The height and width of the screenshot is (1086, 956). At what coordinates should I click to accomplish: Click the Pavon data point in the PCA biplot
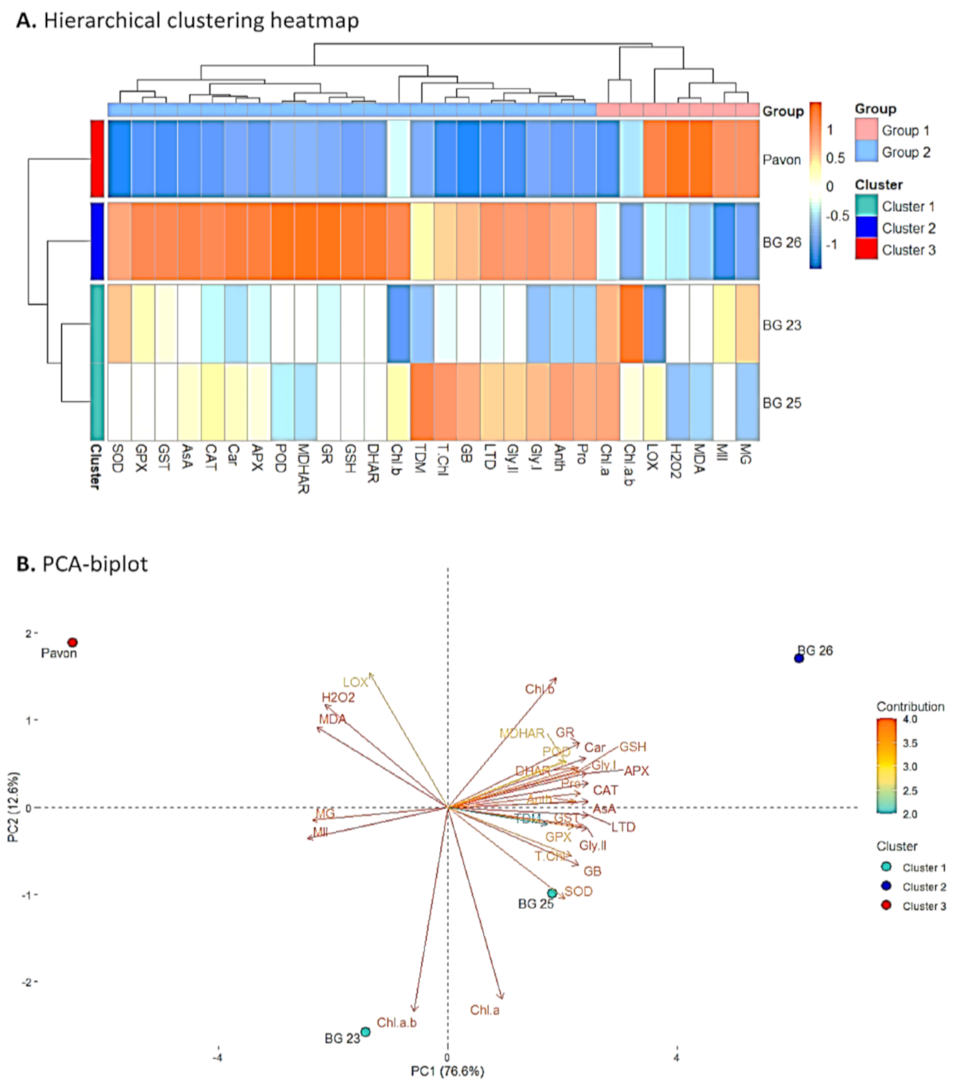(72, 643)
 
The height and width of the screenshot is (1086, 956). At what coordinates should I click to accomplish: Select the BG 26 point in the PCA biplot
(798, 658)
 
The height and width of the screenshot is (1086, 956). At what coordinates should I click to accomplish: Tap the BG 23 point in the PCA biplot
(365, 1032)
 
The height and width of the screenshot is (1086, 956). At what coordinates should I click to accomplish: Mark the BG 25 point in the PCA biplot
(552, 893)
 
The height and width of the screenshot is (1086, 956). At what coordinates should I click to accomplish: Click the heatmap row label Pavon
(782, 159)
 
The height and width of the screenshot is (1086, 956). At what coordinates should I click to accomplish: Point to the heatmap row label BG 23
(782, 325)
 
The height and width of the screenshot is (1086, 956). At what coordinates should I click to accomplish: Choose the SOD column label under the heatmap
(118, 458)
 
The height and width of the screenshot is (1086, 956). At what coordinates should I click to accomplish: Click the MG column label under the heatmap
(746, 454)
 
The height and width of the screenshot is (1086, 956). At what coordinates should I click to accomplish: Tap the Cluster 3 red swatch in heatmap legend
(866, 249)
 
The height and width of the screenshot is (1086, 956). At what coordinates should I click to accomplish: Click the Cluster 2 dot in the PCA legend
(886, 886)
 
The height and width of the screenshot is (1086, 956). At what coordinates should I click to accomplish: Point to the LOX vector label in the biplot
(355, 682)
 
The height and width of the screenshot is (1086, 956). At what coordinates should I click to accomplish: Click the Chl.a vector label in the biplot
(485, 1010)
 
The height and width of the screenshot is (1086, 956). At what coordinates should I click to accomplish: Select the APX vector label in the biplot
(637, 771)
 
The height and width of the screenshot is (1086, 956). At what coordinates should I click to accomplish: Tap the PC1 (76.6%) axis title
(447, 1071)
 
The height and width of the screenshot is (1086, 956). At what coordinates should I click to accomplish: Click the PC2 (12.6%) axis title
(14, 807)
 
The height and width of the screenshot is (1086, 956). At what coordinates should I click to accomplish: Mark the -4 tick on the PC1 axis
(217, 1058)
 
